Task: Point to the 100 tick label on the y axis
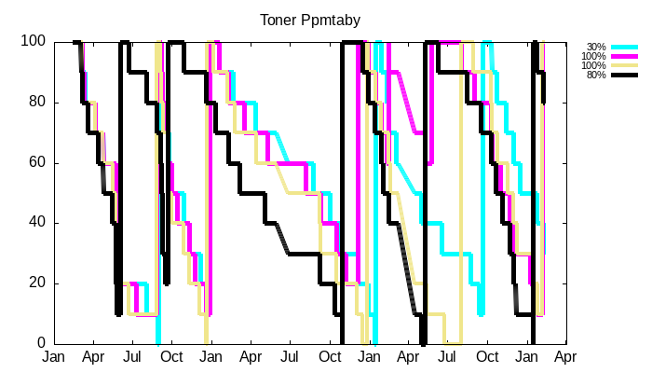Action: click(34, 42)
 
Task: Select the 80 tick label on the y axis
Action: click(37, 103)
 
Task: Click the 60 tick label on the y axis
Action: click(37, 163)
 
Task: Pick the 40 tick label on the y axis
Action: click(37, 223)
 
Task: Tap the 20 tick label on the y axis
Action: click(37, 283)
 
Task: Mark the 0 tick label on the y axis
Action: click(41, 344)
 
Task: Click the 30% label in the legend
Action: click(596, 47)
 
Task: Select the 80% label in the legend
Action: click(596, 75)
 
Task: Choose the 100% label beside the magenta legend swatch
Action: click(593, 56)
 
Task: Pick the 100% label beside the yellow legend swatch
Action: click(593, 65)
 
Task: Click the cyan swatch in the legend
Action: click(624, 47)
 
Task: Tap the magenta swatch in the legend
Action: click(624, 56)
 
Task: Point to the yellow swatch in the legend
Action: click(624, 65)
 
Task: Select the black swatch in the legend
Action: click(624, 75)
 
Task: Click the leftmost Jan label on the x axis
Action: click(54, 357)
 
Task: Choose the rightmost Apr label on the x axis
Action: click(567, 357)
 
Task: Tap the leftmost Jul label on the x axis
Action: click(132, 357)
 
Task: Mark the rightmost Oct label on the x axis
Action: click(487, 357)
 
